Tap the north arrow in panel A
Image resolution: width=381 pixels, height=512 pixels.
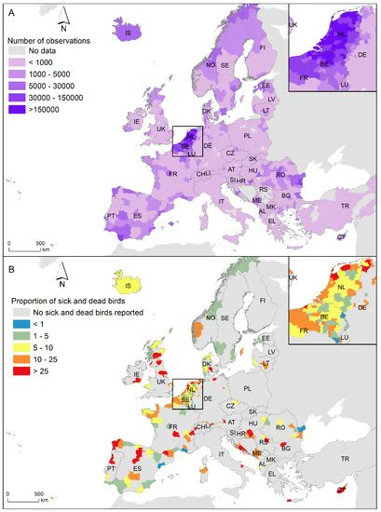click(x=88, y=19)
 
